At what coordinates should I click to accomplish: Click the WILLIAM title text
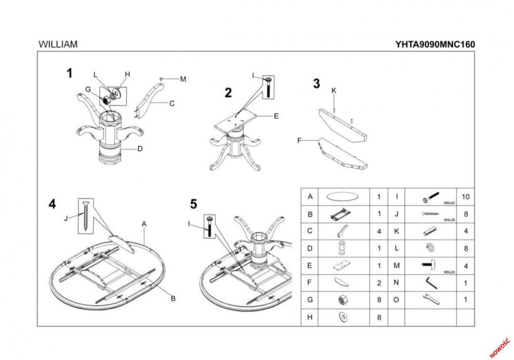point(58,45)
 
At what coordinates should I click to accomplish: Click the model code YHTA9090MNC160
point(435,45)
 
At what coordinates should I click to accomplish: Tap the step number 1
point(69,74)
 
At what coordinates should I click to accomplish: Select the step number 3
point(316,83)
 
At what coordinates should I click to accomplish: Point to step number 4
point(52,204)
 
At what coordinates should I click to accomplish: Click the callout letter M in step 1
point(183,79)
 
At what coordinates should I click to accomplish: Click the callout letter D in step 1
point(140,150)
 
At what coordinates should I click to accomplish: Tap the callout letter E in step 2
point(276,116)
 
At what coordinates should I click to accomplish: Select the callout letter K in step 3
point(334,91)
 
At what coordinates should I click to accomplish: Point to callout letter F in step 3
point(299,140)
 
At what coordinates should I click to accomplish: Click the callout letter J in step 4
point(66,218)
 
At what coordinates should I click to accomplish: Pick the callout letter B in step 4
point(173,298)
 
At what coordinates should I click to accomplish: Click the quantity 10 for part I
point(466,196)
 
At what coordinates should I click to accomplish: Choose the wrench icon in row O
point(430,299)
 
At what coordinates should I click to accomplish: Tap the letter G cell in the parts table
point(309,300)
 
